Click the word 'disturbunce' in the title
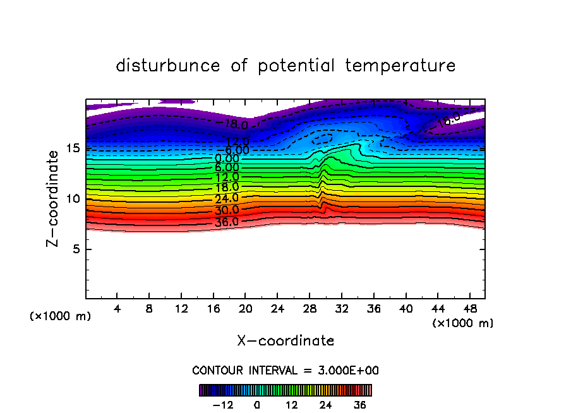click(x=168, y=66)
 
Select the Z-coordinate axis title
click(x=54, y=198)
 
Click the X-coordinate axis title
click(x=285, y=341)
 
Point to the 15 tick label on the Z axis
click(x=73, y=148)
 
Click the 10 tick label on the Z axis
click(x=73, y=199)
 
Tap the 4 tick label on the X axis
click(x=117, y=309)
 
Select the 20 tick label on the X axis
click(x=245, y=309)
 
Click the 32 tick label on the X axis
click(x=341, y=309)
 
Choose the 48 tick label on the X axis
click(x=469, y=309)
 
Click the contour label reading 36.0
click(x=226, y=222)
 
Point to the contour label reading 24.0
click(x=226, y=199)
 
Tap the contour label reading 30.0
click(x=226, y=210)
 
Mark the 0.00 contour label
click(x=227, y=159)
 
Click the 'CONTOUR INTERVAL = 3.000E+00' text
click(x=285, y=370)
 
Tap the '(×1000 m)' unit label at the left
click(x=61, y=316)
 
